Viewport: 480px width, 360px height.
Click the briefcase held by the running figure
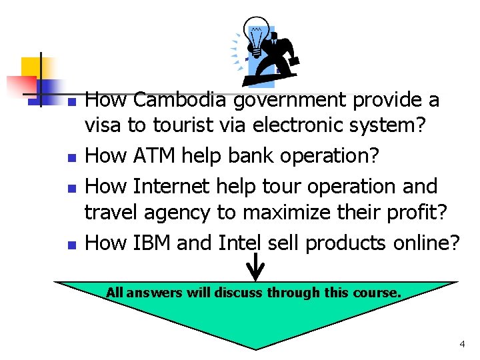293,59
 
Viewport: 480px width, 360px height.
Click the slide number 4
462,344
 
